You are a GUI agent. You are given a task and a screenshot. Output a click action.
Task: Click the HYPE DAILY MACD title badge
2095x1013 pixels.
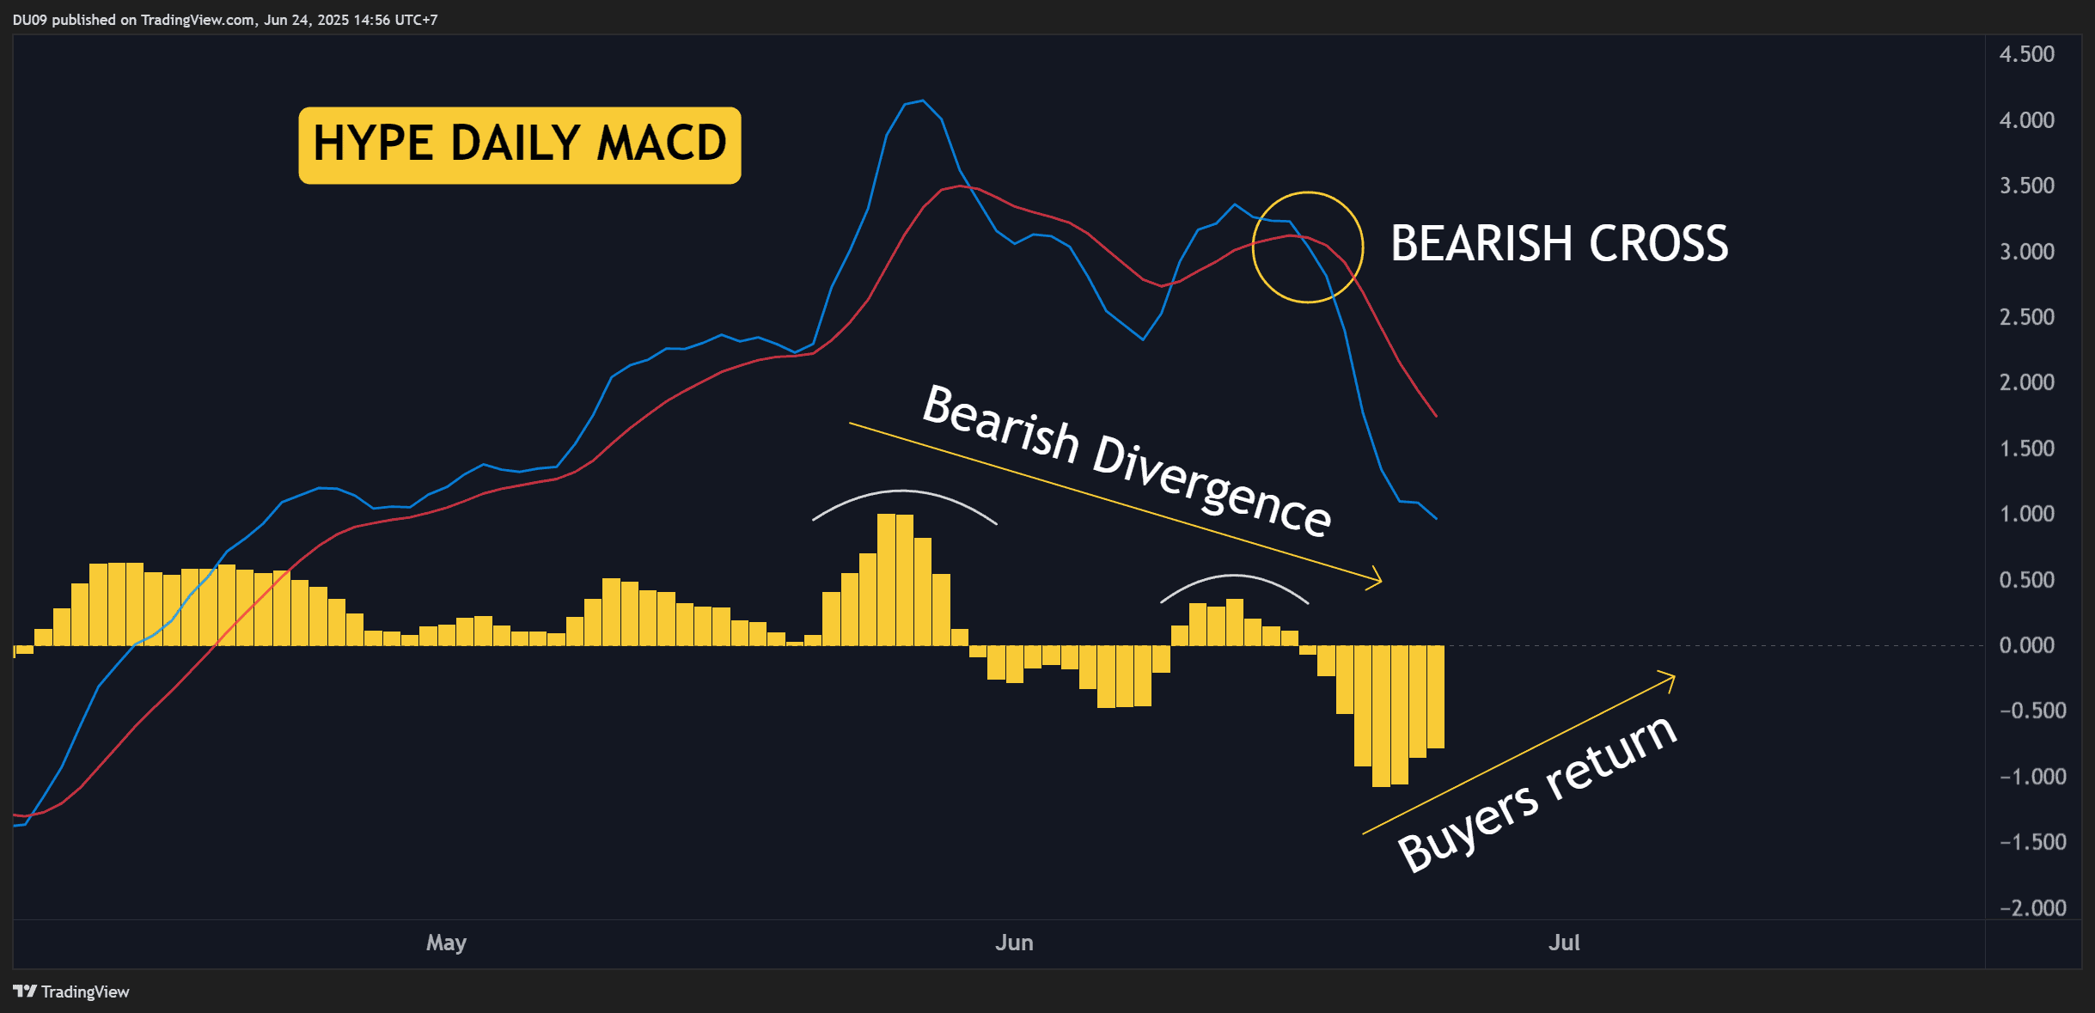point(520,145)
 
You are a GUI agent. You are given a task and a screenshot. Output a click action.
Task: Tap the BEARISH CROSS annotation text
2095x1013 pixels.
point(1559,243)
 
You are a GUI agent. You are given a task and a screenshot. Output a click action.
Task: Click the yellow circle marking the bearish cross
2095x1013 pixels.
point(1253,247)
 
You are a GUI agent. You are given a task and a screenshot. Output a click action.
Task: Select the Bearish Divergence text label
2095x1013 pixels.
point(1127,461)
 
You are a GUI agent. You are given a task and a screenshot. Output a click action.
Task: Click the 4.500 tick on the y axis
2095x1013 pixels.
point(2026,54)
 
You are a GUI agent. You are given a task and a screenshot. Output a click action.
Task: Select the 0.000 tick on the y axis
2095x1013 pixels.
point(2026,645)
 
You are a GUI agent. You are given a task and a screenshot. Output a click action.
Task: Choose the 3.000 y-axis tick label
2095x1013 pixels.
point(2026,252)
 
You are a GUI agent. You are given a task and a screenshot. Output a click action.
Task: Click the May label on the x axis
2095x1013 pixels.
point(446,943)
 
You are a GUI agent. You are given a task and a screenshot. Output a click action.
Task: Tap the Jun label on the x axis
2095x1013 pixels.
point(1014,943)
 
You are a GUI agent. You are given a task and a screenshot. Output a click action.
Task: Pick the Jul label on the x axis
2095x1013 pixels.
point(1564,943)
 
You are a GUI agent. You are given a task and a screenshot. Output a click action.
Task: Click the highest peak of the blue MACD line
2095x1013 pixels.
point(922,101)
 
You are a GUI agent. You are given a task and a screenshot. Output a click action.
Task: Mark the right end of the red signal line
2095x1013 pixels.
point(1436,416)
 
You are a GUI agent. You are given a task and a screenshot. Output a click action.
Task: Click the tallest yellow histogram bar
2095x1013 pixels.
point(886,580)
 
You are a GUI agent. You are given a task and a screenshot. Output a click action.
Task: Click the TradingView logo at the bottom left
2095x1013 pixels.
point(71,992)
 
